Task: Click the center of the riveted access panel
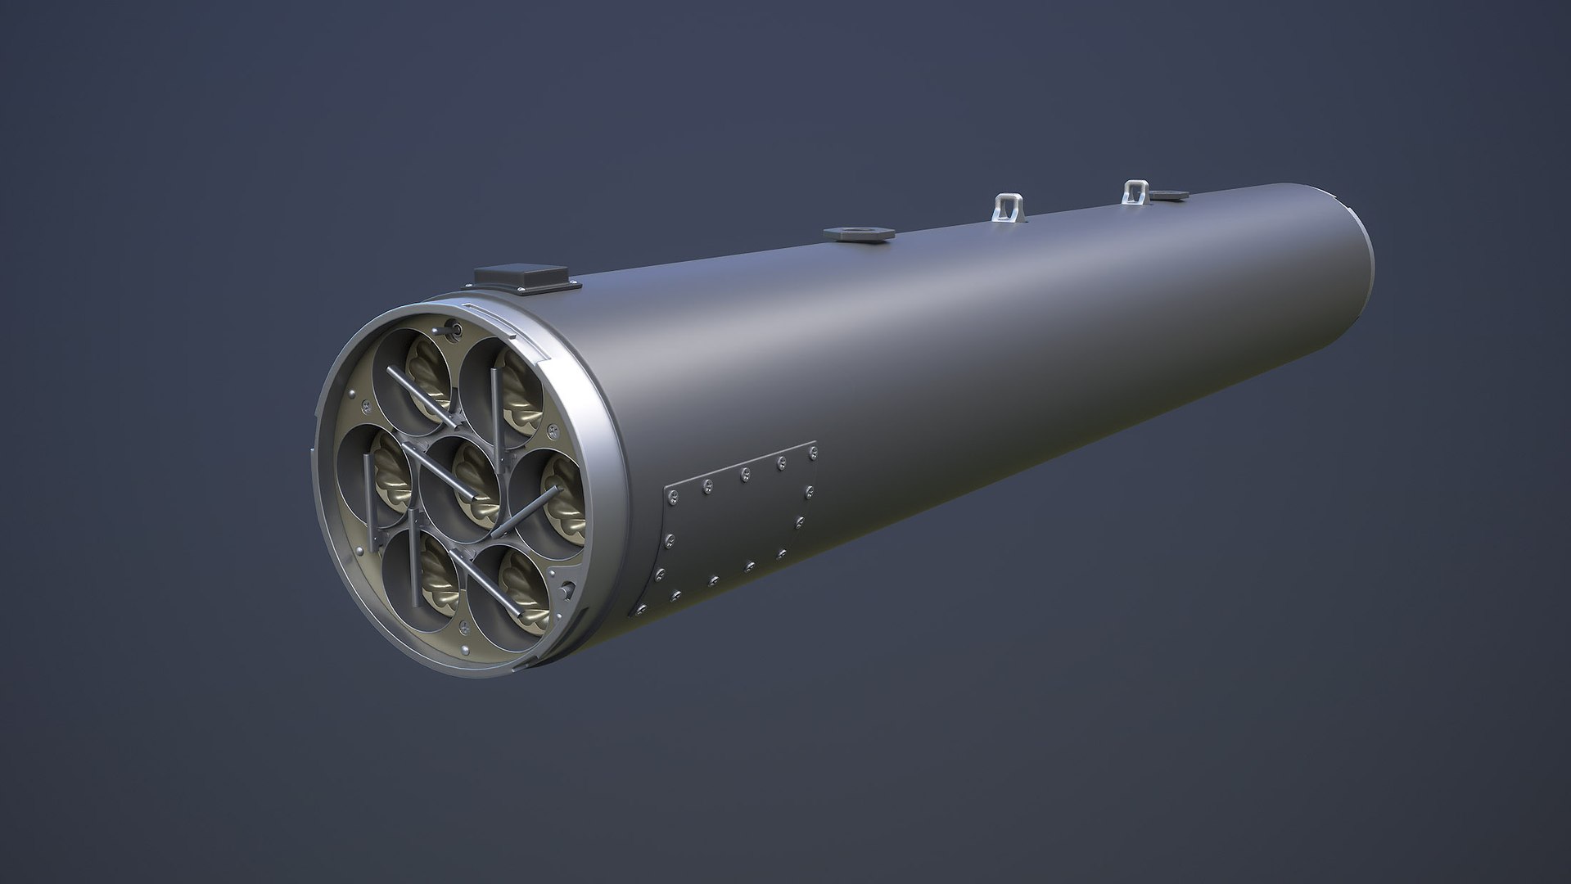(737, 532)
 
